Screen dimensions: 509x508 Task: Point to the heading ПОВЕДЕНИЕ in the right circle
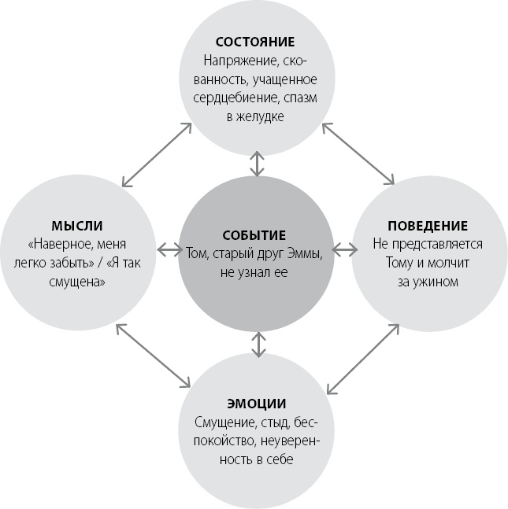[428, 226]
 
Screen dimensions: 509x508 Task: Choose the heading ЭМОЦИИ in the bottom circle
[258, 404]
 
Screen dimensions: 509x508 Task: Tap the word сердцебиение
[237, 98]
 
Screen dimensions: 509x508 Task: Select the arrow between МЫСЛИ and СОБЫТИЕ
[169, 250]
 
